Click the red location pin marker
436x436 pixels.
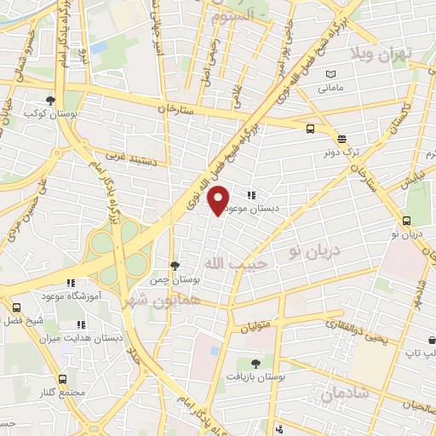(219, 201)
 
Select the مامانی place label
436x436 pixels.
(332, 88)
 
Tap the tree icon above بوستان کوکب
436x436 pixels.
(51, 99)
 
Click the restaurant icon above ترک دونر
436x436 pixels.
(341, 138)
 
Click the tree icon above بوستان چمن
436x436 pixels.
(175, 265)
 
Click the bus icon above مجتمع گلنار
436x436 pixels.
(62, 379)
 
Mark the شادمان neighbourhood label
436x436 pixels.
(346, 393)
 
